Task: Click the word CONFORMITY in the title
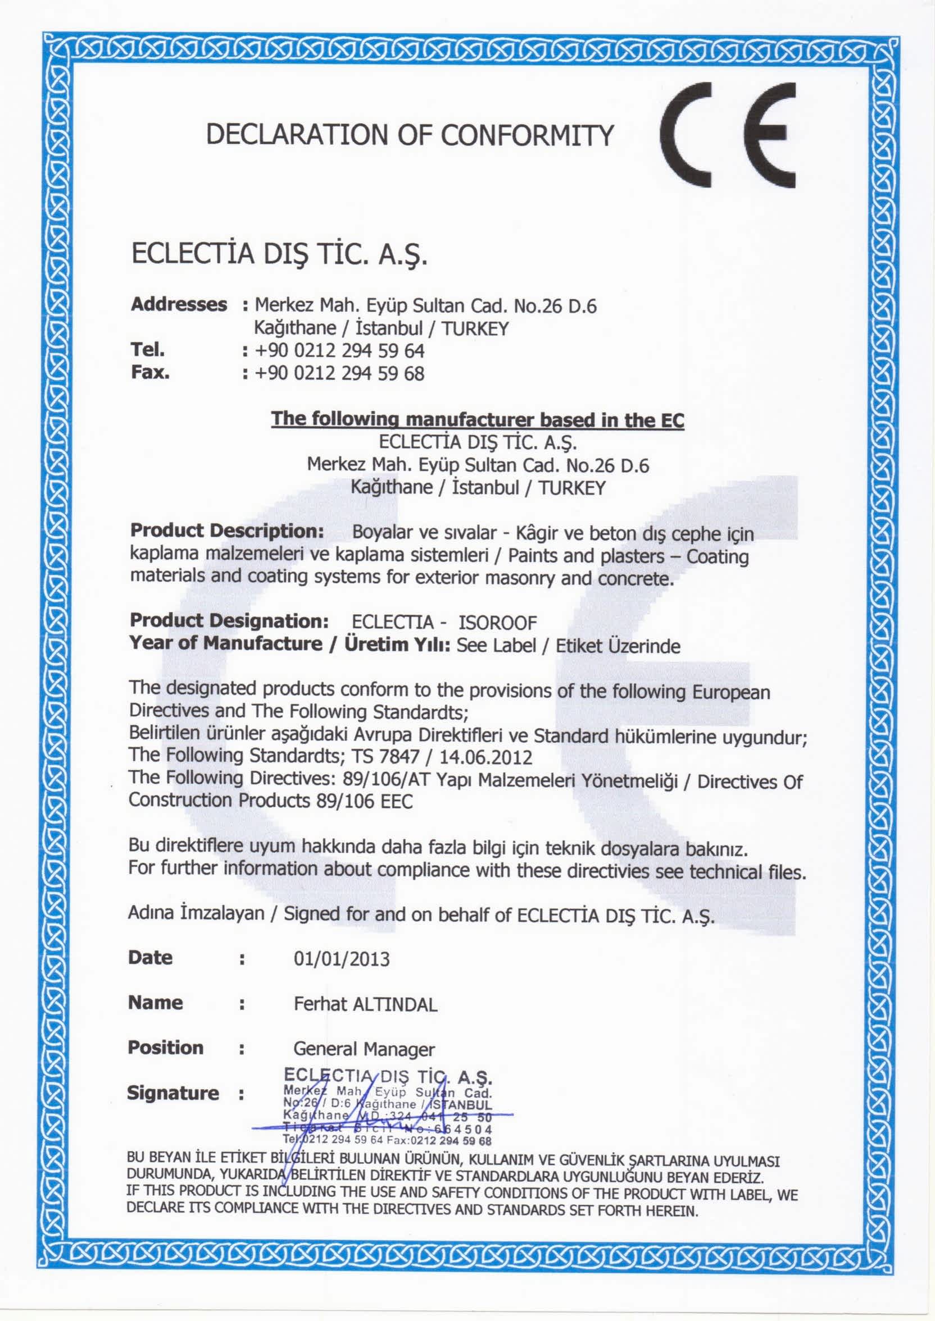tap(528, 136)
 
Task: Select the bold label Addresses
tap(179, 304)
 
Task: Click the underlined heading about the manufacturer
tap(477, 419)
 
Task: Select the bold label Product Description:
tap(228, 531)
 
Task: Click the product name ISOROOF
tap(497, 623)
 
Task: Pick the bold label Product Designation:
tap(229, 621)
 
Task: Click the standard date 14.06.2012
tap(486, 756)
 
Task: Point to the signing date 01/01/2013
tap(342, 959)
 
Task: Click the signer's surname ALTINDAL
tap(394, 1004)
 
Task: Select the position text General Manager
tap(364, 1049)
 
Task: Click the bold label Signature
tap(173, 1093)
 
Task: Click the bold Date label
tap(150, 958)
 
